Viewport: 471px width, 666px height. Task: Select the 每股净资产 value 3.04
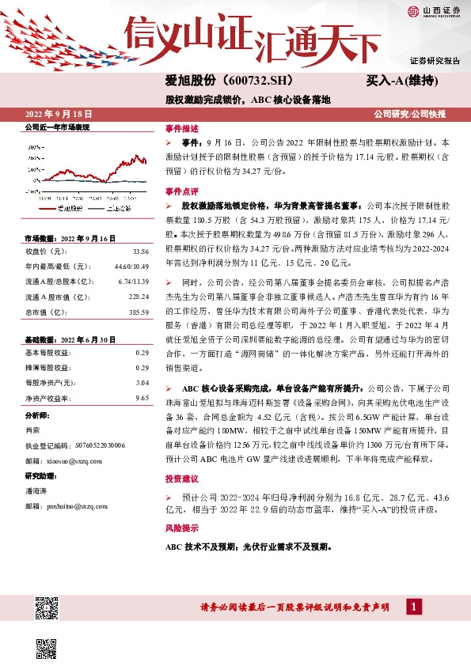[x=142, y=382]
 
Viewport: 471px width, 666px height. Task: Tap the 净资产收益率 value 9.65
[x=142, y=396]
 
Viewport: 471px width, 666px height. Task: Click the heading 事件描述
[x=181, y=127]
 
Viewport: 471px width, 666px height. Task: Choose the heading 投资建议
[x=181, y=480]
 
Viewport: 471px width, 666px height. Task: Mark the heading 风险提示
[x=181, y=528]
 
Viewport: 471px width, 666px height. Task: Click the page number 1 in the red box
[x=412, y=606]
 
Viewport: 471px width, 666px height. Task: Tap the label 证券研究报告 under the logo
[x=435, y=61]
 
